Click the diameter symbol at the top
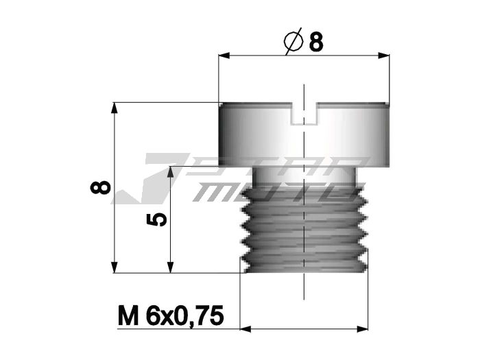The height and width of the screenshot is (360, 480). tap(293, 43)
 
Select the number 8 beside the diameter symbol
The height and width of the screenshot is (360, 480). tap(316, 43)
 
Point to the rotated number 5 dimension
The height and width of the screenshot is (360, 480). tap(158, 219)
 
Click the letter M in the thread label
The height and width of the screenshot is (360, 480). tap(126, 316)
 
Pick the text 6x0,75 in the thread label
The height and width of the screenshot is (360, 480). tap(184, 316)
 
